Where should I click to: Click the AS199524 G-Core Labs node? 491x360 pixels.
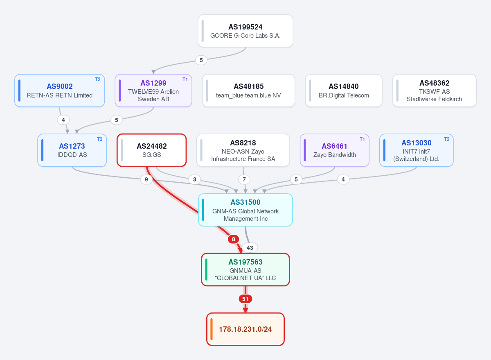[x=245, y=31]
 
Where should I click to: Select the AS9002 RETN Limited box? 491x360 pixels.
[x=60, y=91]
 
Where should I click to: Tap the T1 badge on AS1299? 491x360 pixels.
[x=185, y=79]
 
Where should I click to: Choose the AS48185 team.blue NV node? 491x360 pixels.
[x=249, y=91]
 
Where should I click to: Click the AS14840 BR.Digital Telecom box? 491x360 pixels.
[x=344, y=91]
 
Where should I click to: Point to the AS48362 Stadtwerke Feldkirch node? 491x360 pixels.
[x=434, y=91]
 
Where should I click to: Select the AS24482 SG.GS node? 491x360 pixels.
[x=152, y=150]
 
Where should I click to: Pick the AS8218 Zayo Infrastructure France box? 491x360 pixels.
[x=243, y=150]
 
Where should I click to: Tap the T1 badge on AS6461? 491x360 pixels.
[x=362, y=139]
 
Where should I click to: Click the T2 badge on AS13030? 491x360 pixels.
[x=446, y=139]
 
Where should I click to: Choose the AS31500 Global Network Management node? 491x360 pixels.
[x=245, y=210]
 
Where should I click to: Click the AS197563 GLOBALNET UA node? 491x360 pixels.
[x=245, y=269]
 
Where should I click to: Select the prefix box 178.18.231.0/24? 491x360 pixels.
[x=245, y=329]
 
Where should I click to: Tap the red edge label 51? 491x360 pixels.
[x=245, y=299]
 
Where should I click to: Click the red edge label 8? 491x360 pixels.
[x=234, y=239]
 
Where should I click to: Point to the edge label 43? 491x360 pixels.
[x=250, y=248]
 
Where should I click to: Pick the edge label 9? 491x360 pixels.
[x=146, y=179]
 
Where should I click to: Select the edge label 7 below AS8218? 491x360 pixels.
[x=244, y=179]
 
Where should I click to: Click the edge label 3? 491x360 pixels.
[x=195, y=179]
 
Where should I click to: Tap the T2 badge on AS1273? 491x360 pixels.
[x=99, y=139]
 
